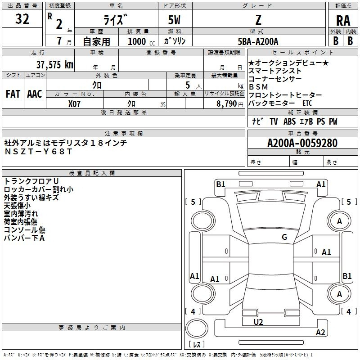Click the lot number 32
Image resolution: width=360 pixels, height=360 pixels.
(x=22, y=19)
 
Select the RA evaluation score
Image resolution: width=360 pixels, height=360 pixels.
(x=343, y=21)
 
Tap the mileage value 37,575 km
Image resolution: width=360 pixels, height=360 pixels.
(x=55, y=65)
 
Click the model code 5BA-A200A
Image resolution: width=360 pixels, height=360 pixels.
(x=258, y=41)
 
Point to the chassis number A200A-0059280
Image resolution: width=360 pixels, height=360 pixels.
(x=302, y=143)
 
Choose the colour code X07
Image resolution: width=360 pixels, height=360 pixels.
(x=74, y=104)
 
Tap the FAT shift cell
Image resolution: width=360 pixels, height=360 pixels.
(x=13, y=94)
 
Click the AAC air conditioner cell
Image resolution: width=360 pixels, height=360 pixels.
(x=35, y=94)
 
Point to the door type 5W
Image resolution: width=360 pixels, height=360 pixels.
(x=174, y=20)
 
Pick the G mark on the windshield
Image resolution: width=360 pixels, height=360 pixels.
(x=284, y=237)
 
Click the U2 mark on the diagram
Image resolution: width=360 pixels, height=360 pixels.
(x=258, y=322)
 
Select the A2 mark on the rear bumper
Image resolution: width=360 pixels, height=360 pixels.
(x=320, y=332)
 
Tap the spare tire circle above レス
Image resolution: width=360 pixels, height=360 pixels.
(x=197, y=328)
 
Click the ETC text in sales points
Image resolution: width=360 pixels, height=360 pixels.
(x=307, y=103)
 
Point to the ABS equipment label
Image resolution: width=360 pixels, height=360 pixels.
(x=289, y=121)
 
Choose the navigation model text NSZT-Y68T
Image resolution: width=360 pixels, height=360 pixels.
(x=38, y=152)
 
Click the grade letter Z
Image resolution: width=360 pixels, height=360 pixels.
(x=258, y=20)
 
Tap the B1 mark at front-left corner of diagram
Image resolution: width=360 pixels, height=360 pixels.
(x=220, y=184)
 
